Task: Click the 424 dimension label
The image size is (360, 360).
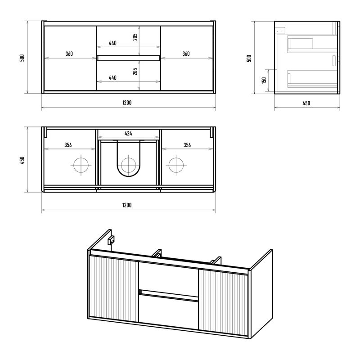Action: (x=128, y=133)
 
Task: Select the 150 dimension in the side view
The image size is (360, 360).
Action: (x=264, y=81)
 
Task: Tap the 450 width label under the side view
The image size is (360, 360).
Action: (x=306, y=103)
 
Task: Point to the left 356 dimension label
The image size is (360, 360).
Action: (x=68, y=145)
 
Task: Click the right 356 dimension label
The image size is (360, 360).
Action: (x=187, y=145)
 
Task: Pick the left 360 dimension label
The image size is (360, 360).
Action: (x=69, y=54)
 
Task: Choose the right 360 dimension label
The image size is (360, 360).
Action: (x=186, y=54)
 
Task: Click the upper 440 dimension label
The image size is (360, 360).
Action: (x=112, y=43)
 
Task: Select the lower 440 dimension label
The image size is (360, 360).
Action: (x=112, y=77)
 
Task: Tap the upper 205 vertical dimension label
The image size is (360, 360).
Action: (x=135, y=37)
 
